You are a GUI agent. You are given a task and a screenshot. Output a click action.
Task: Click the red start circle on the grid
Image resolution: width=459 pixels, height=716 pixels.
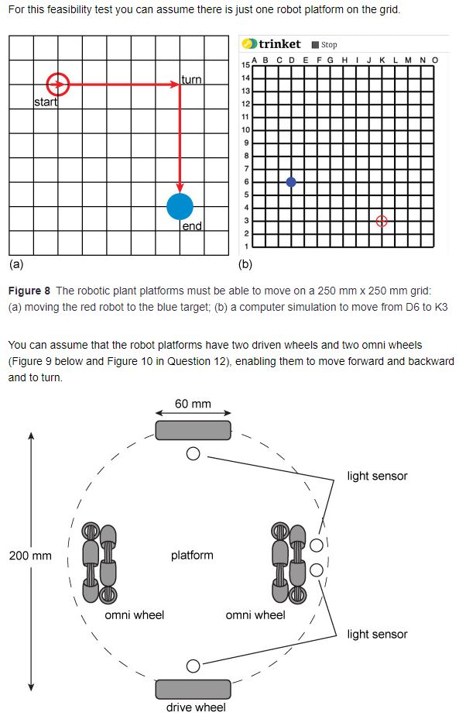58,84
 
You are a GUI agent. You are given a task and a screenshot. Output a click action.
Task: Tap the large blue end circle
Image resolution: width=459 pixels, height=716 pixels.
180,206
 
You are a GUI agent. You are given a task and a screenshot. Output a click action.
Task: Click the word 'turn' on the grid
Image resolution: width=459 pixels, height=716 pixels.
191,80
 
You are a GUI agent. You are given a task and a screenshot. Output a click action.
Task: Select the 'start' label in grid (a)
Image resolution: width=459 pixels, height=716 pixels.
46,103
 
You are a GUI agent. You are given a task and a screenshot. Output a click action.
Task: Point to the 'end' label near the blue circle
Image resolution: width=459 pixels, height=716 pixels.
192,226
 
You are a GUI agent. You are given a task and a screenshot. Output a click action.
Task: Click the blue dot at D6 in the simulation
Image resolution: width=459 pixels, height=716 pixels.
290,181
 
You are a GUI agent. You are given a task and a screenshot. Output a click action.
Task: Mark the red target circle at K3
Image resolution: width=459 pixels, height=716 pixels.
381,221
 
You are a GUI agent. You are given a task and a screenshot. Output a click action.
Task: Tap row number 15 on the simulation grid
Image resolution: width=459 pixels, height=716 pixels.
246,65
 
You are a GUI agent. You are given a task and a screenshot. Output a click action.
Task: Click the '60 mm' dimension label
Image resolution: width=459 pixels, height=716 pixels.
192,404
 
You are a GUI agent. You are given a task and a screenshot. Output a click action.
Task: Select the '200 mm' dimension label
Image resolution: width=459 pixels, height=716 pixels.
30,556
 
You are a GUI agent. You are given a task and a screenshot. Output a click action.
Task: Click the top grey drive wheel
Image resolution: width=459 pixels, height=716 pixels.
193,430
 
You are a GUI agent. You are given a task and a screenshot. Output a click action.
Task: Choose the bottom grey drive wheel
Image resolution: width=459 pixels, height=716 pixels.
193,689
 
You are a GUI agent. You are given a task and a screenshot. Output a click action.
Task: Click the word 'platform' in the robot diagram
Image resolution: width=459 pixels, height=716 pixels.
192,555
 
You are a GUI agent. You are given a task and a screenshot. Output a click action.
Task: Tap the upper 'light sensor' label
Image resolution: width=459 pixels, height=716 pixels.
377,476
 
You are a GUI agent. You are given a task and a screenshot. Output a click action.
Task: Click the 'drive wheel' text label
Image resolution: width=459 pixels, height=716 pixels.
195,707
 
